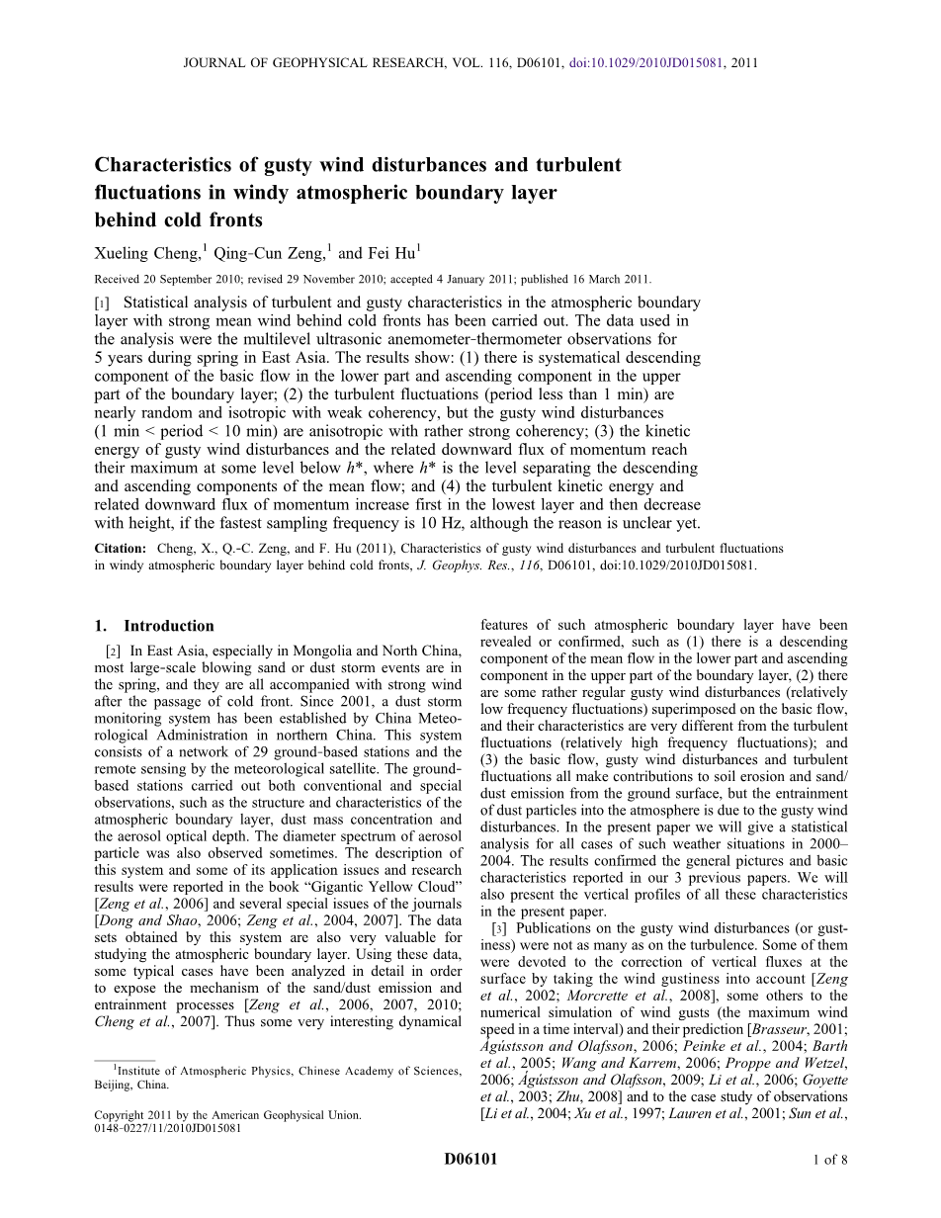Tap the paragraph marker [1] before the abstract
point(102,304)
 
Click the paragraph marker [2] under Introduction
point(113,651)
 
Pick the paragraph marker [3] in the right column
point(499,928)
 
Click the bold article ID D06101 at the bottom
point(470,1160)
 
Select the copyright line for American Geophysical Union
point(227,1114)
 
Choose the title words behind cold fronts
point(178,219)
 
